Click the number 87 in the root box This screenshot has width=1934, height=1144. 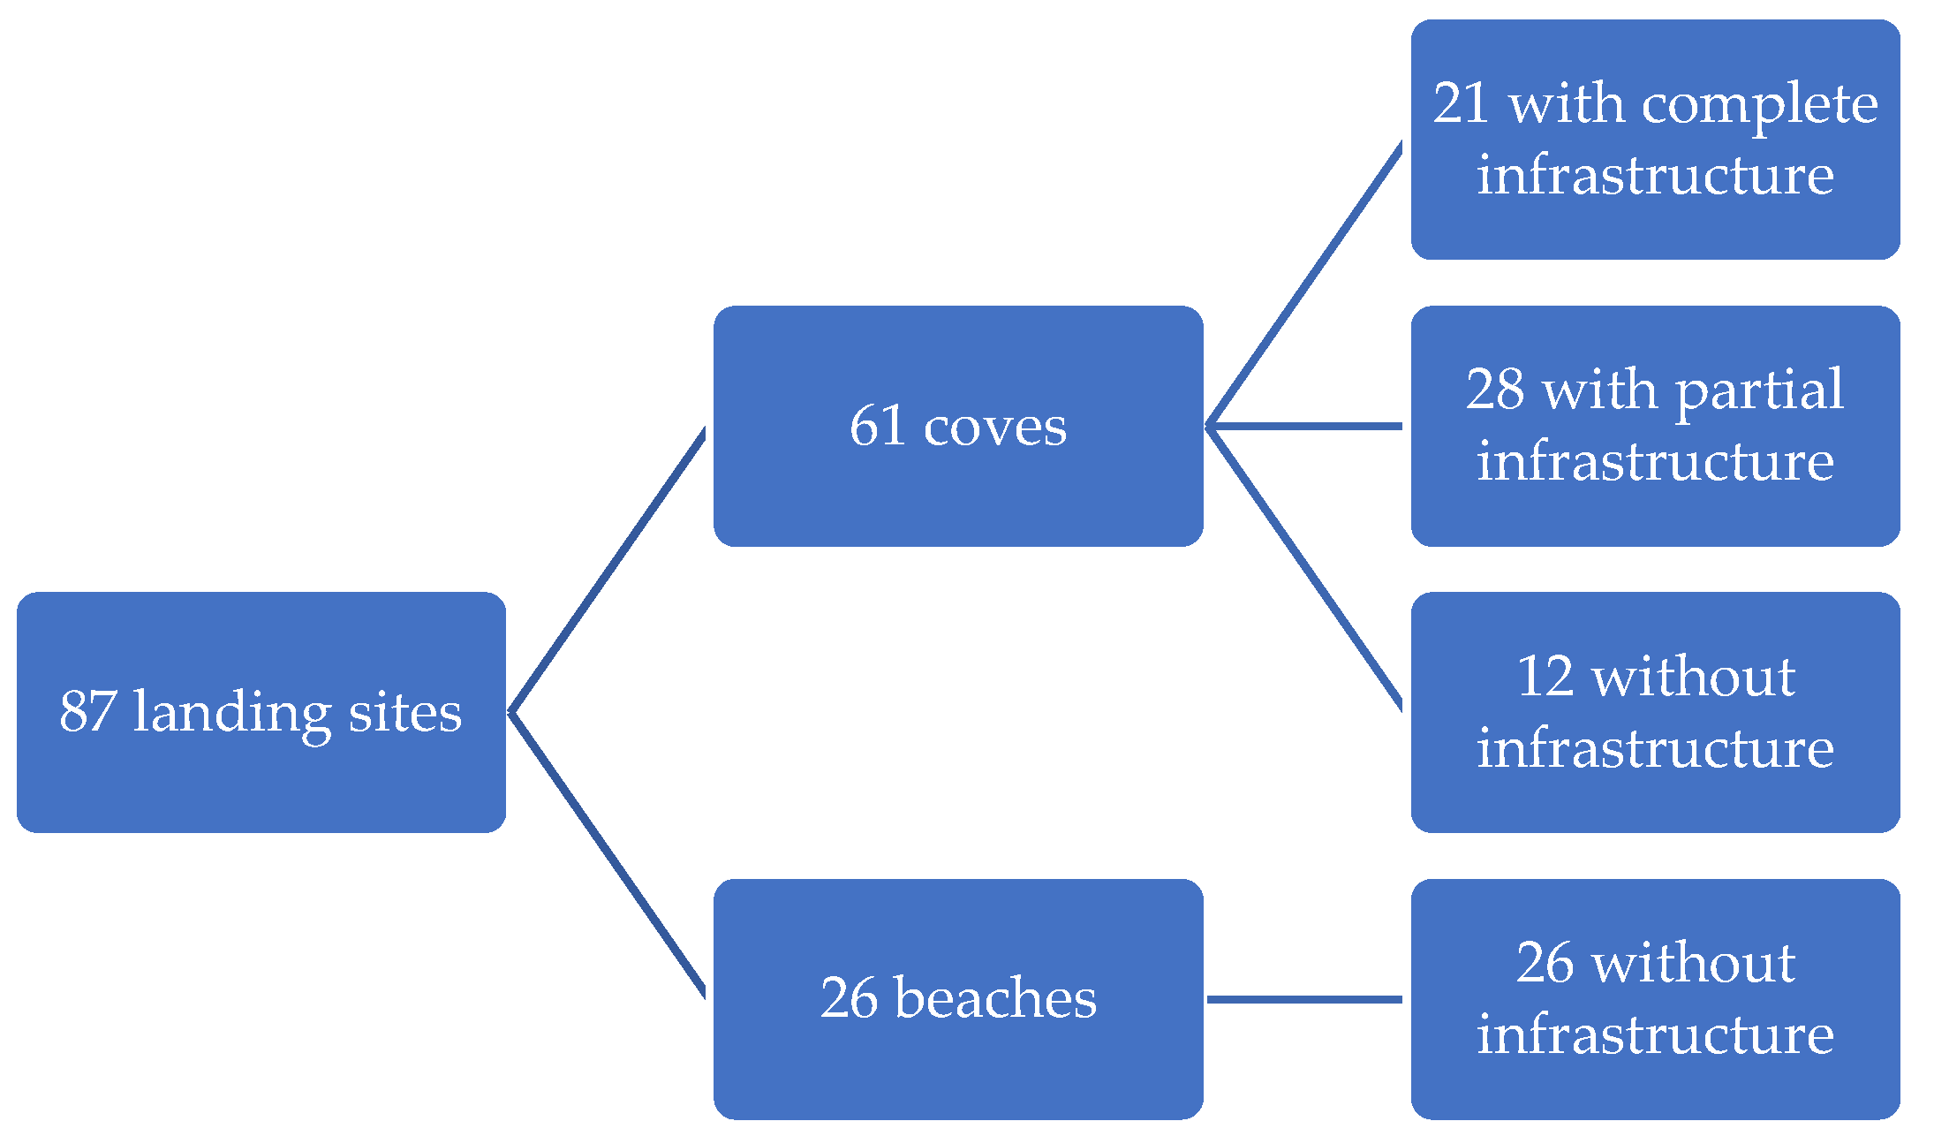(87, 711)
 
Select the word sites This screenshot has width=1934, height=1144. (404, 712)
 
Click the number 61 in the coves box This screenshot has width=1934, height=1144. (878, 426)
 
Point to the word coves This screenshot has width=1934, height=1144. (994, 428)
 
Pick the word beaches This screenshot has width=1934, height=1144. (995, 998)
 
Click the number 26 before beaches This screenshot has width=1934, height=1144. (850, 998)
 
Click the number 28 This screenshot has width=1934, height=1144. (1495, 389)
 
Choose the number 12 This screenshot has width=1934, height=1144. (1545, 677)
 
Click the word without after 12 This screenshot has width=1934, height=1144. (1694, 677)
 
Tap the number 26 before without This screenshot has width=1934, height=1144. (1545, 962)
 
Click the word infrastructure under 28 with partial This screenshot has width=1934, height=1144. (1655, 461)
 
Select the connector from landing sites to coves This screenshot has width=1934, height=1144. (608, 571)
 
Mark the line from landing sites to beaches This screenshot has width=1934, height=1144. (608, 854)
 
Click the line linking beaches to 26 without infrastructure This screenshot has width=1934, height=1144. (1304, 999)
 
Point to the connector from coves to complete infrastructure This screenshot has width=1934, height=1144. (1304, 284)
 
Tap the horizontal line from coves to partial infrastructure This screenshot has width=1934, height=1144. (1304, 426)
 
